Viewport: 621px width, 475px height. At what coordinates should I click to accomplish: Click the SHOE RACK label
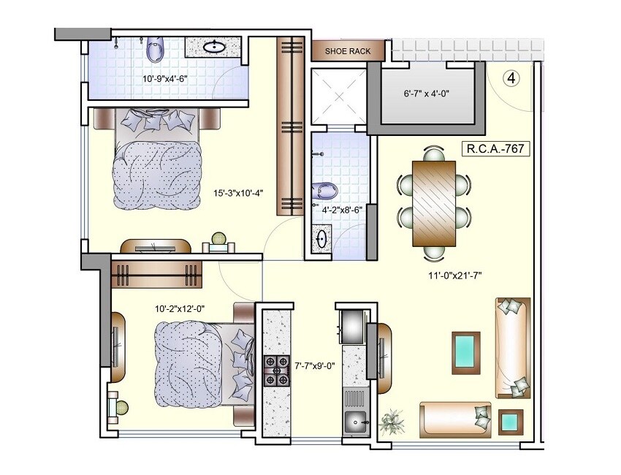(x=348, y=51)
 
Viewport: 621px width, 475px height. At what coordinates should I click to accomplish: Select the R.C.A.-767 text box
(x=495, y=149)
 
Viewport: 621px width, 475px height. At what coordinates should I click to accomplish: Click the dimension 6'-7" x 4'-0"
(x=428, y=94)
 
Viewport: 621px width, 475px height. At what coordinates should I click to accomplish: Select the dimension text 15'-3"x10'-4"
(x=237, y=194)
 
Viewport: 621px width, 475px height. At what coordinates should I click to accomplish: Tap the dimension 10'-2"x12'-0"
(x=179, y=309)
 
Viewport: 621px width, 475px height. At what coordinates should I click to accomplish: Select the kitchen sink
(x=356, y=422)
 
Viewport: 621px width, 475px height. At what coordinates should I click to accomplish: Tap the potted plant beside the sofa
(x=393, y=422)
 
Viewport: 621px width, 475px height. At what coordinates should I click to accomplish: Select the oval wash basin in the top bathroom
(x=213, y=47)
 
